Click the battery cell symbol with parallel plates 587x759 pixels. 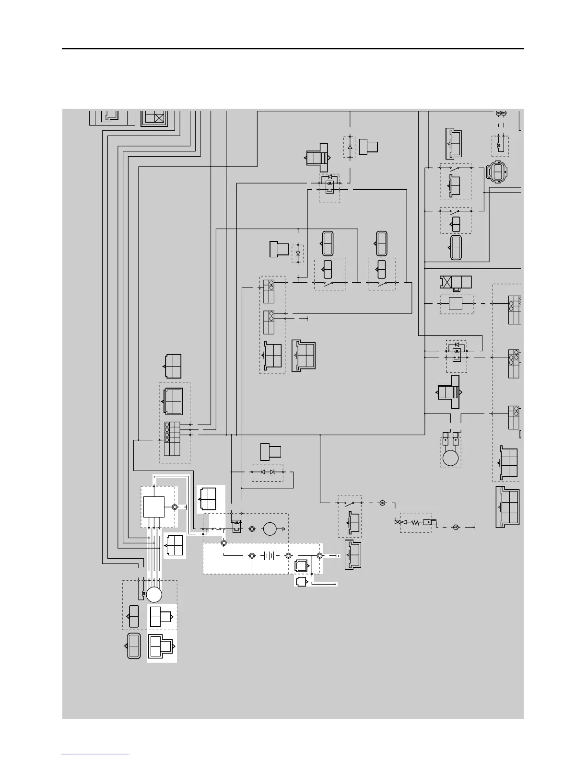coord(270,556)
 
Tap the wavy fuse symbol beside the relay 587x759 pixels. coord(217,529)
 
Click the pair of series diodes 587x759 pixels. coord(267,472)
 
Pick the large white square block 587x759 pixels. coord(154,507)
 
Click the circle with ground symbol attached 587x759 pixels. coord(270,529)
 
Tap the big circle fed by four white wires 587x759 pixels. coord(154,595)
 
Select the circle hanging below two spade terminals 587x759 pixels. coord(451,458)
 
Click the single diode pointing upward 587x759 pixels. coord(350,147)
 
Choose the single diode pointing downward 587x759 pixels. coord(298,253)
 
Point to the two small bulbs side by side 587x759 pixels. coord(501,113)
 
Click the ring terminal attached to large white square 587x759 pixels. coord(175,507)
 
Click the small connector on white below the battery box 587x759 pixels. coord(301,582)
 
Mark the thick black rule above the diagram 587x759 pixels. coord(293,48)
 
